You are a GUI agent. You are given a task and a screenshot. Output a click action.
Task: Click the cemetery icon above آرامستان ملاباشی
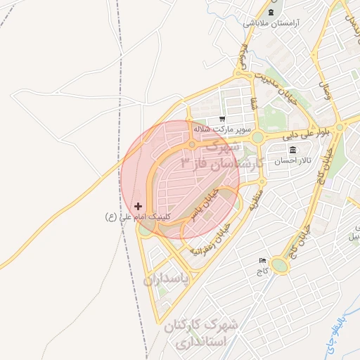click(270, 11)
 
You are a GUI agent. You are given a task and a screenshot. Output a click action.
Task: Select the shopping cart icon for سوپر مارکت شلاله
click(222, 119)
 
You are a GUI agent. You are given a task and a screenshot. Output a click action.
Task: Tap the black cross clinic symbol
click(138, 206)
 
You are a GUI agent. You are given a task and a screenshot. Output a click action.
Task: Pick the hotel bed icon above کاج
click(263, 259)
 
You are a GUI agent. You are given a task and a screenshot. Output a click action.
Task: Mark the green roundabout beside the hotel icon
click(279, 265)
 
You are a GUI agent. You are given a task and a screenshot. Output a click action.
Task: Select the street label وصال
click(325, 89)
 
